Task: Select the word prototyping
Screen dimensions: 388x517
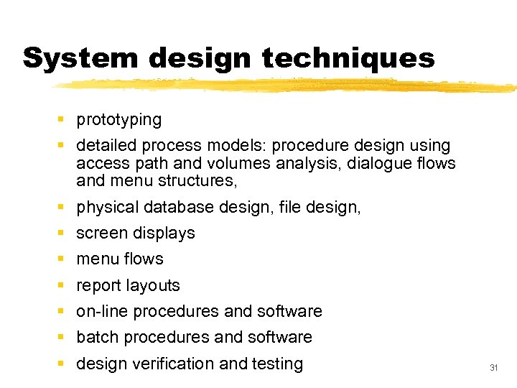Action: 118,120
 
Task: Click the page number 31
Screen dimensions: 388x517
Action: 493,367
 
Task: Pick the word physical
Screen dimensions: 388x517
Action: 107,208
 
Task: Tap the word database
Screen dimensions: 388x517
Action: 177,208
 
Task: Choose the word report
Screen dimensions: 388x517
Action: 98,286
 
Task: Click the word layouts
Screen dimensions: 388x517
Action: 153,286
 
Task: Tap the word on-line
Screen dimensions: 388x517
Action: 102,311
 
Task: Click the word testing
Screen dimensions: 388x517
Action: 277,364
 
